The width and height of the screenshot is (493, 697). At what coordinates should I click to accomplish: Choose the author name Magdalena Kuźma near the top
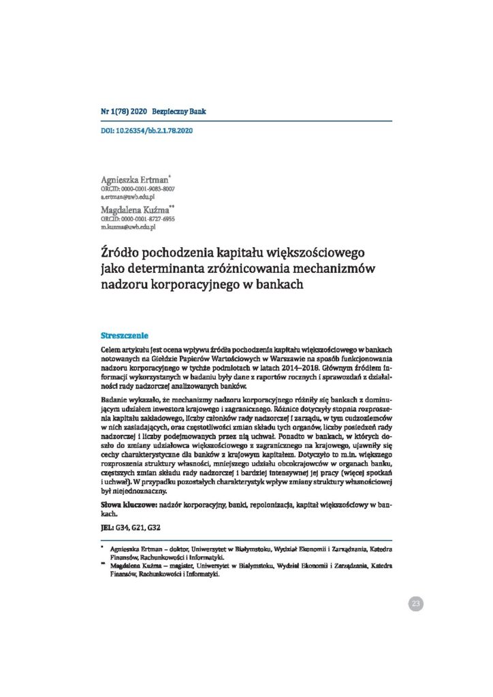click(x=137, y=210)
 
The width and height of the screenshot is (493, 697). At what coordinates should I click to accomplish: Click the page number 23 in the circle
click(x=415, y=603)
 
